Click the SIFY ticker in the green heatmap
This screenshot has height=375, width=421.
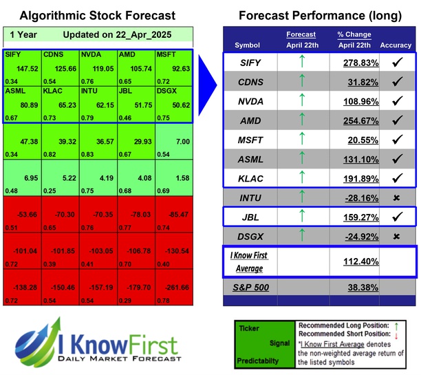pyautogui.click(x=12, y=53)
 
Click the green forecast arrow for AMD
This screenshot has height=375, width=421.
pyautogui.click(x=301, y=120)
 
